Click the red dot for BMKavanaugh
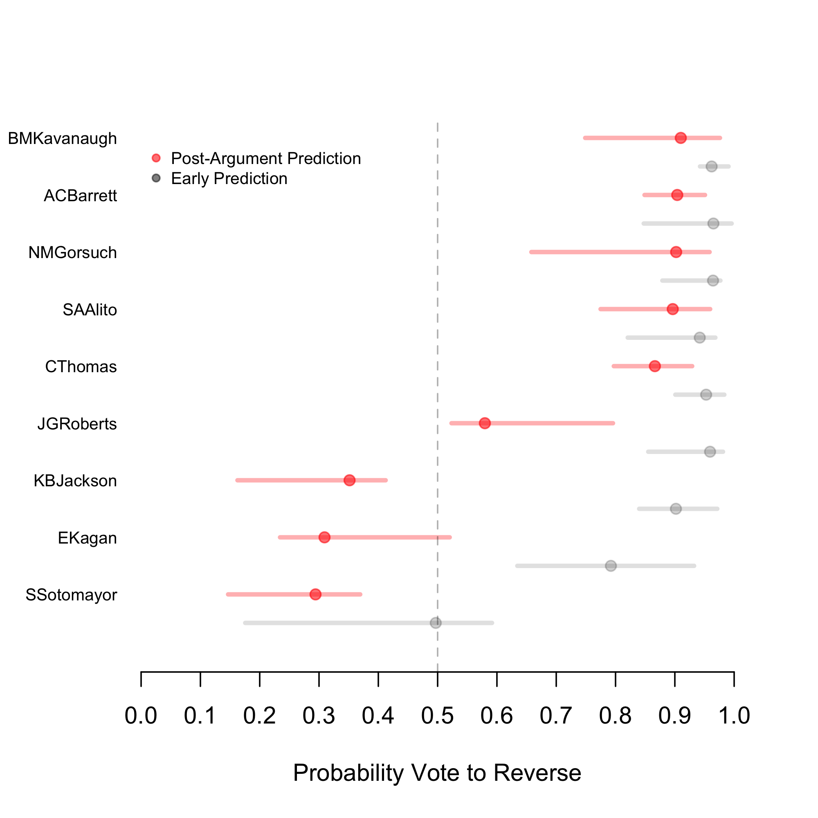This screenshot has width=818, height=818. (x=681, y=138)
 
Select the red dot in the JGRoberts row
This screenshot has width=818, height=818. (x=485, y=423)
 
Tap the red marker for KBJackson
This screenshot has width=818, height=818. (x=349, y=480)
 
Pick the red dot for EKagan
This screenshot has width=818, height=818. (x=324, y=537)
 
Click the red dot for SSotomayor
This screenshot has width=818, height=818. (x=315, y=594)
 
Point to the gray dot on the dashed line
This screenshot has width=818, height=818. (x=436, y=623)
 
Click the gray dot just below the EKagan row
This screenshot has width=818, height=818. (x=611, y=566)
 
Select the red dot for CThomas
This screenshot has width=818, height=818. (x=654, y=366)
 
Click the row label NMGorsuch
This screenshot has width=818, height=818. (x=72, y=253)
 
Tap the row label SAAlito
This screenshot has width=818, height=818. (x=90, y=310)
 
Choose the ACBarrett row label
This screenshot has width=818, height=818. (x=80, y=196)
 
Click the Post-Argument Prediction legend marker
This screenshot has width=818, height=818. (x=156, y=158)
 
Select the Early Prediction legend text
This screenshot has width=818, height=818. (x=229, y=179)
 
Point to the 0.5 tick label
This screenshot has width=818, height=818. (x=437, y=715)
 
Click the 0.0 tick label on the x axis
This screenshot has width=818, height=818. (x=141, y=715)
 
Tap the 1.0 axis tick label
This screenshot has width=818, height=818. (x=734, y=715)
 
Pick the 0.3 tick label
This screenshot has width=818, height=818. (x=319, y=715)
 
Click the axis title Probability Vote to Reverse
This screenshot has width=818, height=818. (x=437, y=773)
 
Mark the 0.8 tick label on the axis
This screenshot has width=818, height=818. (x=615, y=715)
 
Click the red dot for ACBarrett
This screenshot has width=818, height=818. (x=677, y=195)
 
